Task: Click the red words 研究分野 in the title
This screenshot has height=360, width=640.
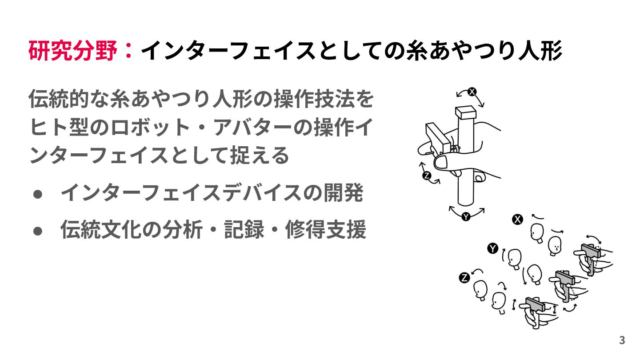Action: (74, 51)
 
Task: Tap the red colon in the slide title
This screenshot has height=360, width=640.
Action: (129, 51)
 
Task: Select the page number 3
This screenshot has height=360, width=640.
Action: (622, 340)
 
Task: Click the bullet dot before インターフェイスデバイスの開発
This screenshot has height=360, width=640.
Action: (38, 195)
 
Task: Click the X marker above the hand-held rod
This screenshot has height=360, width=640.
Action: (472, 92)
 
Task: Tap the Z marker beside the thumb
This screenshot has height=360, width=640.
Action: (427, 176)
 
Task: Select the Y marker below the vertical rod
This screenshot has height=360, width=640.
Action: (466, 217)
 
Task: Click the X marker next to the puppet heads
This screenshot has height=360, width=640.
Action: (517, 219)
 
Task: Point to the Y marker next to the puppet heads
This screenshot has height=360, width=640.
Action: (492, 248)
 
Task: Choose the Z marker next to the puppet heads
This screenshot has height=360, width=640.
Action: (464, 278)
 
